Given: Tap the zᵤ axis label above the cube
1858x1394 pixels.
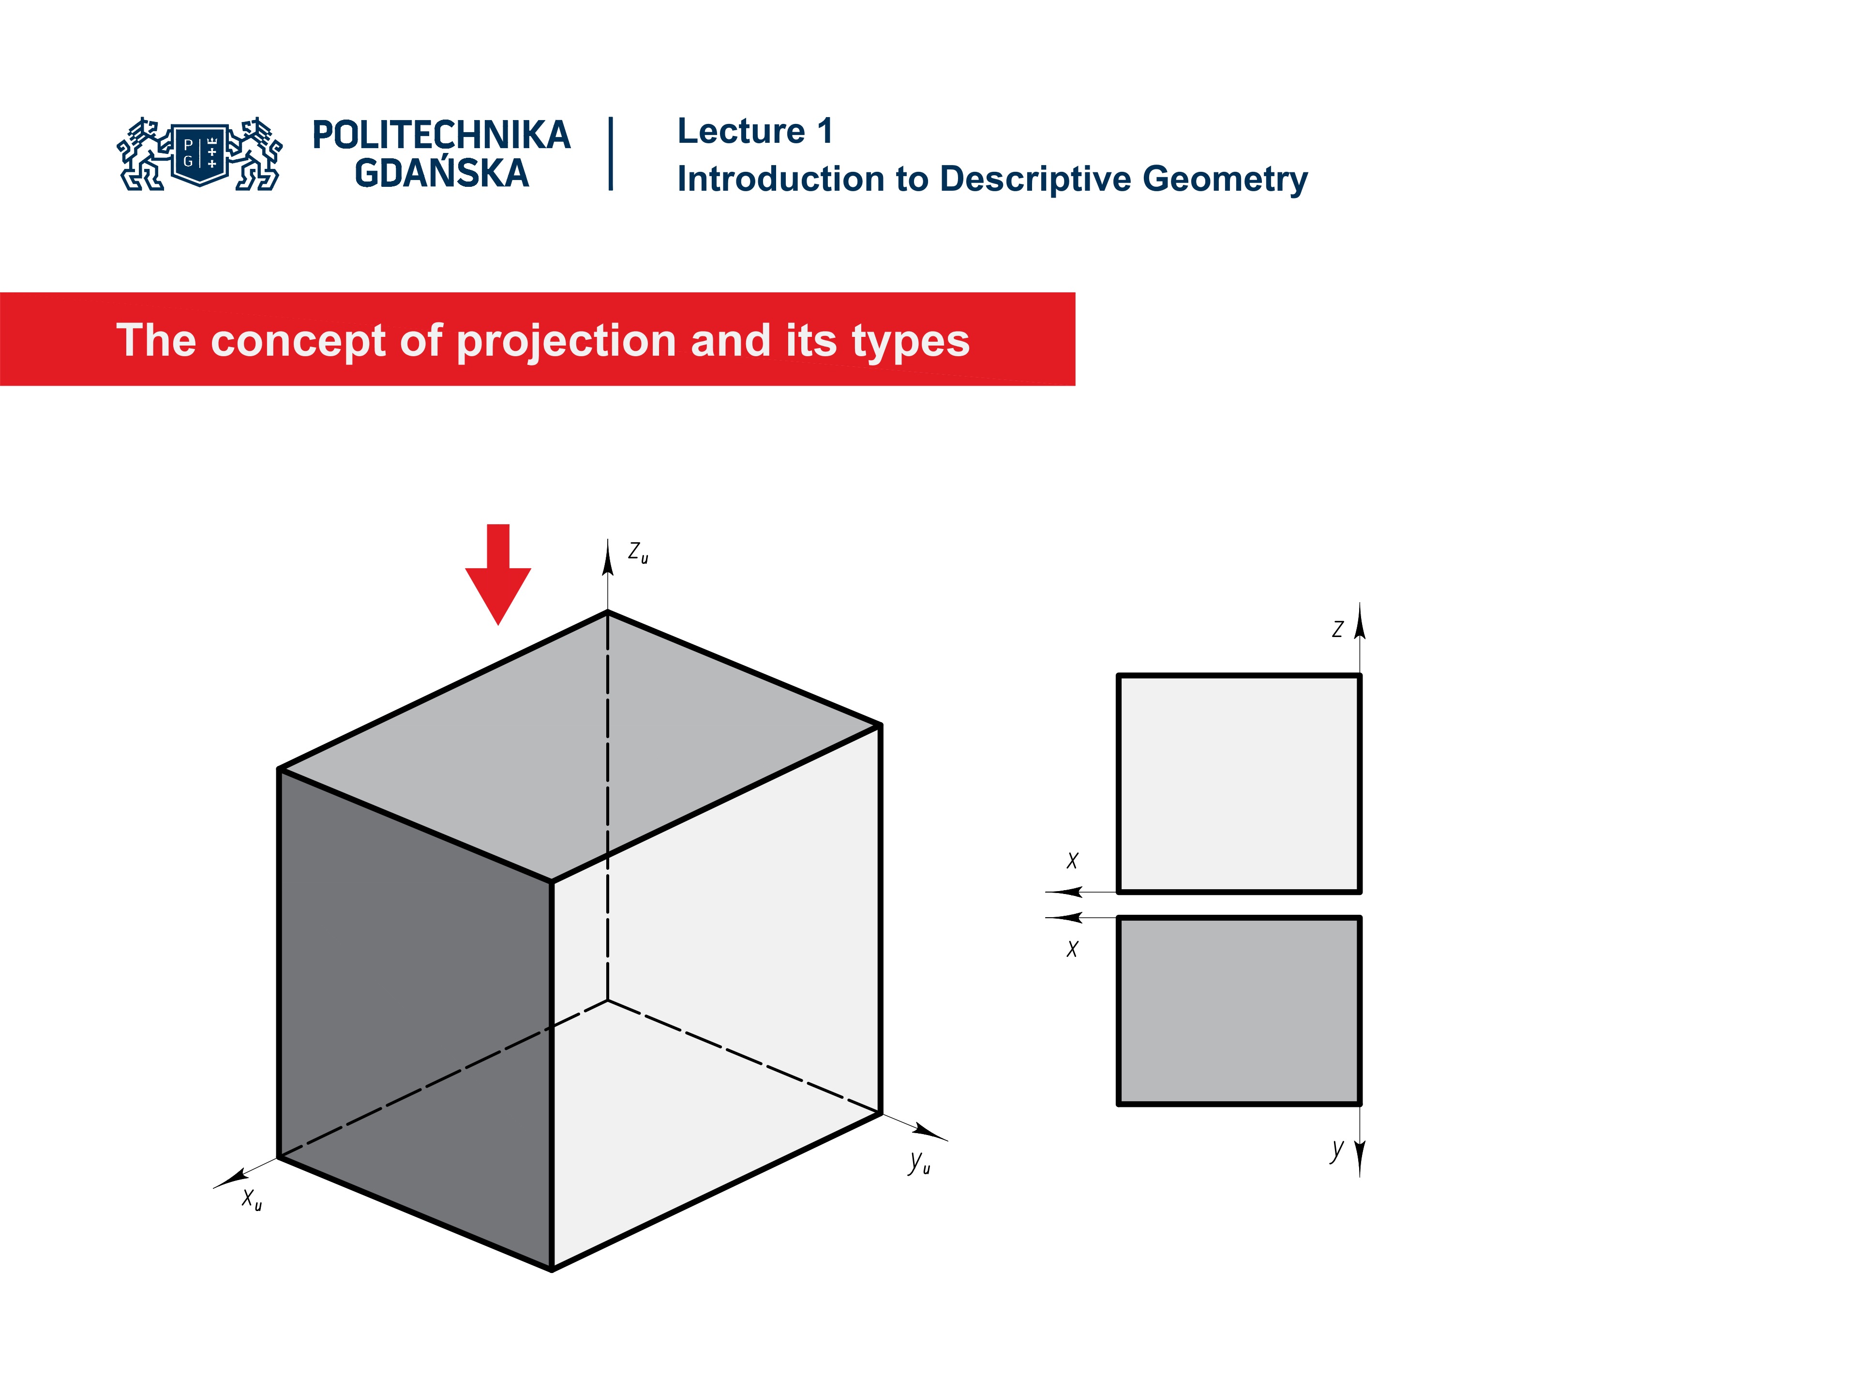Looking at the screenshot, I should (x=638, y=553).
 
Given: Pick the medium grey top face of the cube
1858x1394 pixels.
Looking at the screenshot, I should (x=580, y=748).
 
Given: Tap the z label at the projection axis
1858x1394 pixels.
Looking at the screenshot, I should (x=1337, y=629).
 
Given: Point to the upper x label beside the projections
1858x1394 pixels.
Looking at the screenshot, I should (x=1072, y=861).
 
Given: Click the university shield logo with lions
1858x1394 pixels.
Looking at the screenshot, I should (x=200, y=154).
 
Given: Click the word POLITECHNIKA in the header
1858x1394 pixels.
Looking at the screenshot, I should (x=441, y=135).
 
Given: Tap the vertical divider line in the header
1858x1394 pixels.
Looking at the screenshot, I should (x=611, y=154).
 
